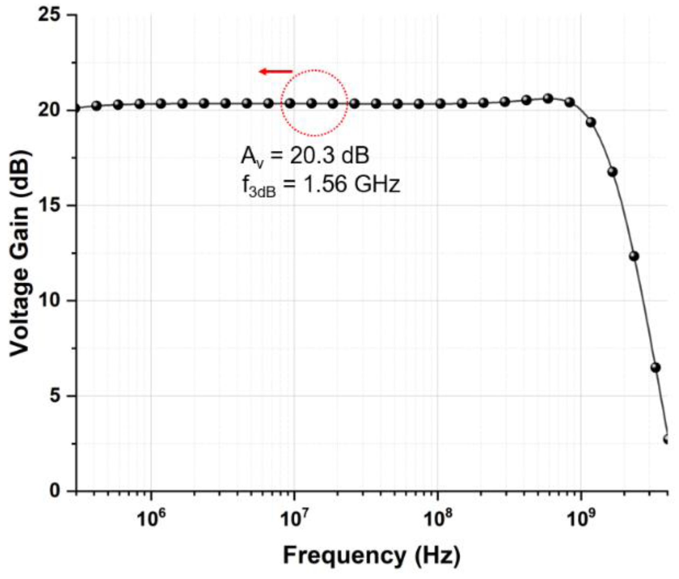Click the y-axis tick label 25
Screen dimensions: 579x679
click(49, 15)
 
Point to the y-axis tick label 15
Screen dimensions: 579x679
click(49, 205)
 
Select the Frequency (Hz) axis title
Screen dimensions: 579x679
click(371, 556)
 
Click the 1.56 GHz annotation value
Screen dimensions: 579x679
click(351, 185)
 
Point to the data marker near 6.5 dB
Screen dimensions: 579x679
click(655, 367)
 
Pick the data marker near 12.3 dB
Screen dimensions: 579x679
click(634, 256)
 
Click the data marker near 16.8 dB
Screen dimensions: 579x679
click(613, 172)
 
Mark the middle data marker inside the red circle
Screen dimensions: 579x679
click(311, 103)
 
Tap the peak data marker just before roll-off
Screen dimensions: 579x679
click(548, 98)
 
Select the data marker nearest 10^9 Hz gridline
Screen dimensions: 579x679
click(569, 102)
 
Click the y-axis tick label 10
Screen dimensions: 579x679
click(49, 301)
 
